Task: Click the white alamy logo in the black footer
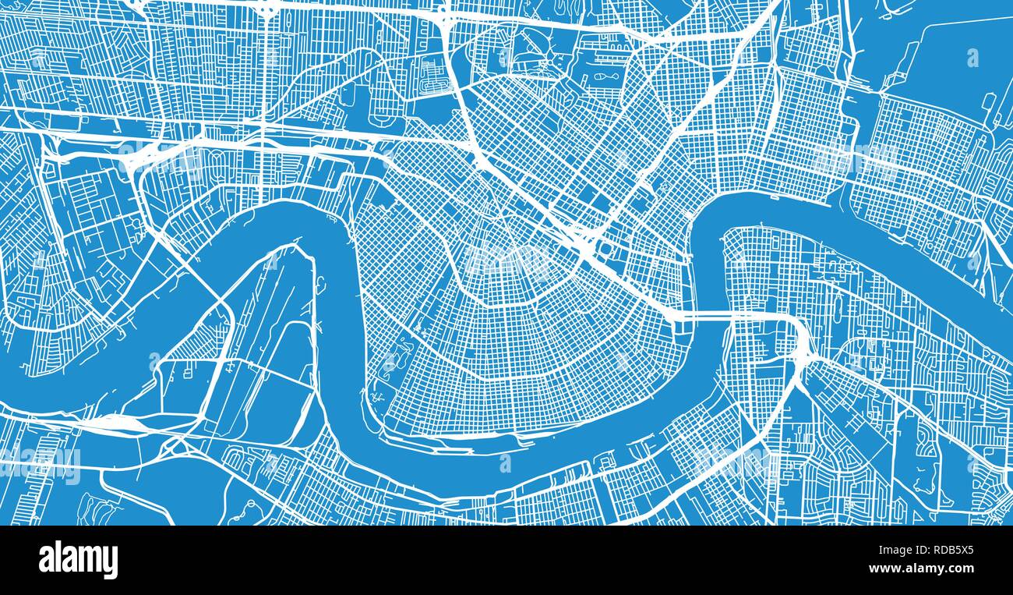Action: pyautogui.click(x=78, y=560)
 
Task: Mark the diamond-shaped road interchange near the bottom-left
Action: pyautogui.click(x=176, y=444)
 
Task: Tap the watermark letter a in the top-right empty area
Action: pyautogui.click(x=972, y=57)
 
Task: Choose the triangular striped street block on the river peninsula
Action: pyautogui.click(x=199, y=344)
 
